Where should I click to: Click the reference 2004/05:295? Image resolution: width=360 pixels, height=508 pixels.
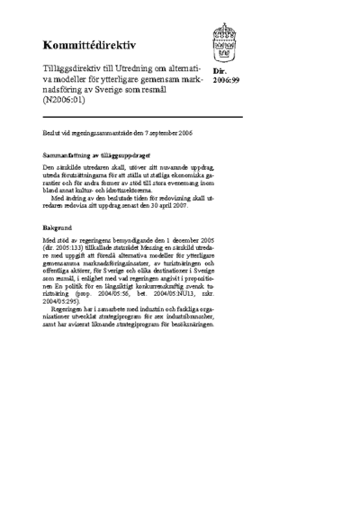tap(62, 302)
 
